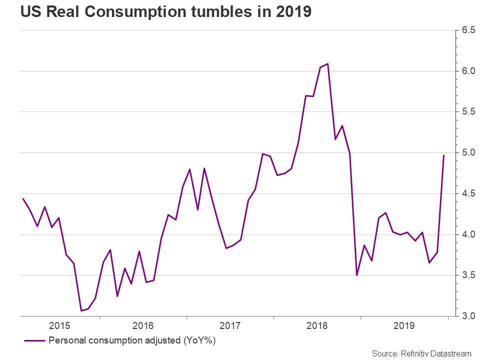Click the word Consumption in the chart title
tap(135, 12)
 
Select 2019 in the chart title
tap(294, 11)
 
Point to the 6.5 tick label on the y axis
tap(468, 30)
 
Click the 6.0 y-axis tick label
tap(468, 70)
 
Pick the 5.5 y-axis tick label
tap(468, 111)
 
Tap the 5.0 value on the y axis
tap(468, 152)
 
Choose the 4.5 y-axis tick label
tap(468, 193)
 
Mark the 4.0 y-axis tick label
tap(468, 234)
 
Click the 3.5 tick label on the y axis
tap(468, 275)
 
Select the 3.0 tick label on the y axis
tap(468, 315)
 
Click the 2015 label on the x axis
tap(59, 325)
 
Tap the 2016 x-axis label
tap(143, 325)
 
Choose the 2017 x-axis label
tap(230, 325)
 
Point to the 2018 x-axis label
tap(317, 325)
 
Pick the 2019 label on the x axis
tap(404, 325)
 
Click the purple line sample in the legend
tap(34, 340)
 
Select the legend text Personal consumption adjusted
tap(114, 340)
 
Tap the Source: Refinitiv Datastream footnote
tap(421, 353)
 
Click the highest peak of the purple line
tap(328, 63)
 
